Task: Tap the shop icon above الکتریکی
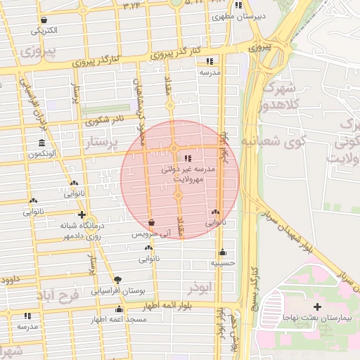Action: click(x=45, y=20)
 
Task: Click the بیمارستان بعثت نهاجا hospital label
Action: click(x=319, y=319)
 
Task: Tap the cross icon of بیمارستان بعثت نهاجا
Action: click(x=318, y=307)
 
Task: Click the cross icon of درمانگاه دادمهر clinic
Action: click(x=82, y=214)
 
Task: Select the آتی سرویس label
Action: click(x=151, y=233)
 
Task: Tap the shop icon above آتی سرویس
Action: click(x=152, y=223)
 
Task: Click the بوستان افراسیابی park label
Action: click(x=117, y=290)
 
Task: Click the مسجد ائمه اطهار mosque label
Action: click(x=117, y=319)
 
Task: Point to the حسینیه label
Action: click(x=222, y=263)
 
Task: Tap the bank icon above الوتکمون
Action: click(x=42, y=143)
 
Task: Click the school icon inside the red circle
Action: click(x=187, y=158)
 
